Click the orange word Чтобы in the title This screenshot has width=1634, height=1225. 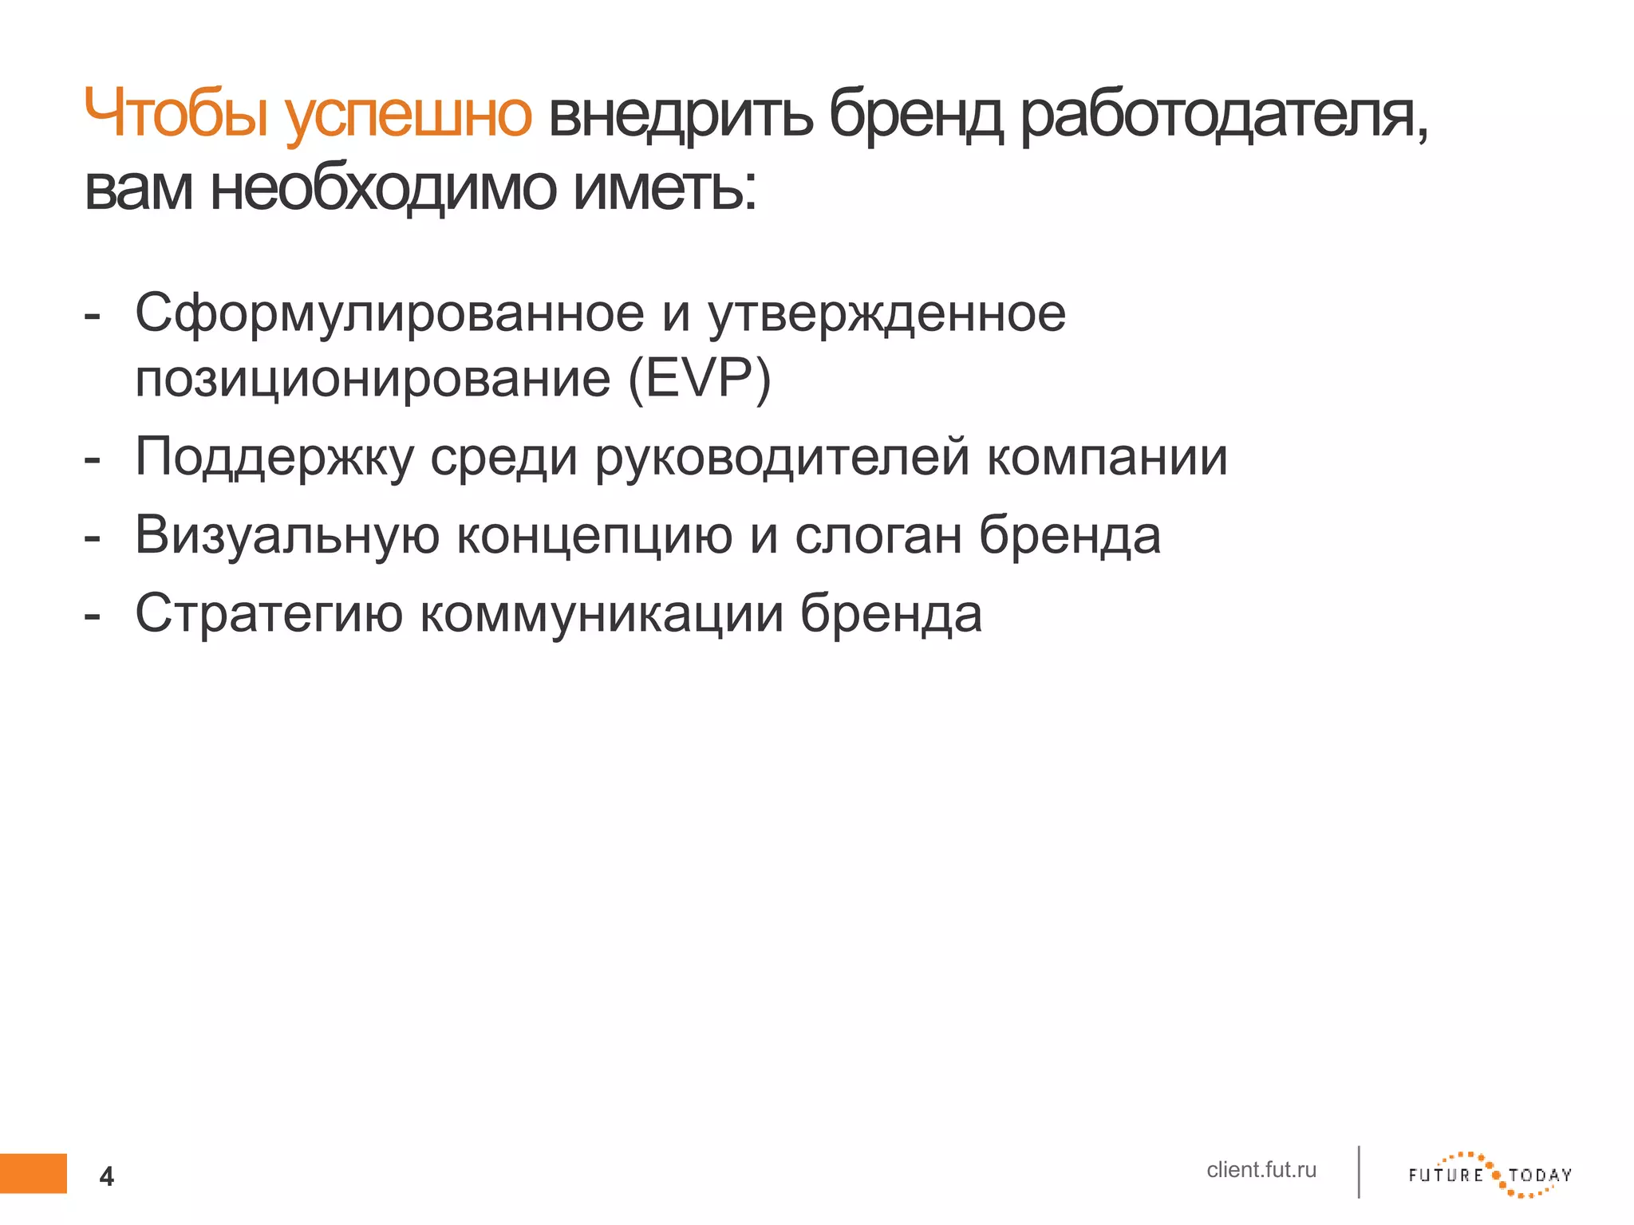(176, 114)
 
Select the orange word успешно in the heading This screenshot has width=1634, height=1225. (408, 116)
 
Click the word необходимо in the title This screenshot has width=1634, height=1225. (383, 189)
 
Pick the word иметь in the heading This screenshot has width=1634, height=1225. (664, 189)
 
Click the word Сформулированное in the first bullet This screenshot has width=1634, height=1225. (389, 313)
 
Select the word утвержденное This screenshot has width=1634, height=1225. (886, 313)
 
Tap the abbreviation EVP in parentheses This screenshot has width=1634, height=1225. (700, 378)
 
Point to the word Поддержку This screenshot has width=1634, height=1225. (274, 457)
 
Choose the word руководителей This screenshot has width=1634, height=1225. (783, 457)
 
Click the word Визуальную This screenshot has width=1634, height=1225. (287, 534)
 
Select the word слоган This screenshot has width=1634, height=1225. (878, 534)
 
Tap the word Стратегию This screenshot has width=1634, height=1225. (269, 613)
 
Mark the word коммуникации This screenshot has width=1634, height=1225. (602, 613)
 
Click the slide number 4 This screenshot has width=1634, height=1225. (106, 1176)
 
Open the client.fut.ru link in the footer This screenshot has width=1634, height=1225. (1261, 1170)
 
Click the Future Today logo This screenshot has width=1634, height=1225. (1490, 1175)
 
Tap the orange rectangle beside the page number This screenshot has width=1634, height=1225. (34, 1173)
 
